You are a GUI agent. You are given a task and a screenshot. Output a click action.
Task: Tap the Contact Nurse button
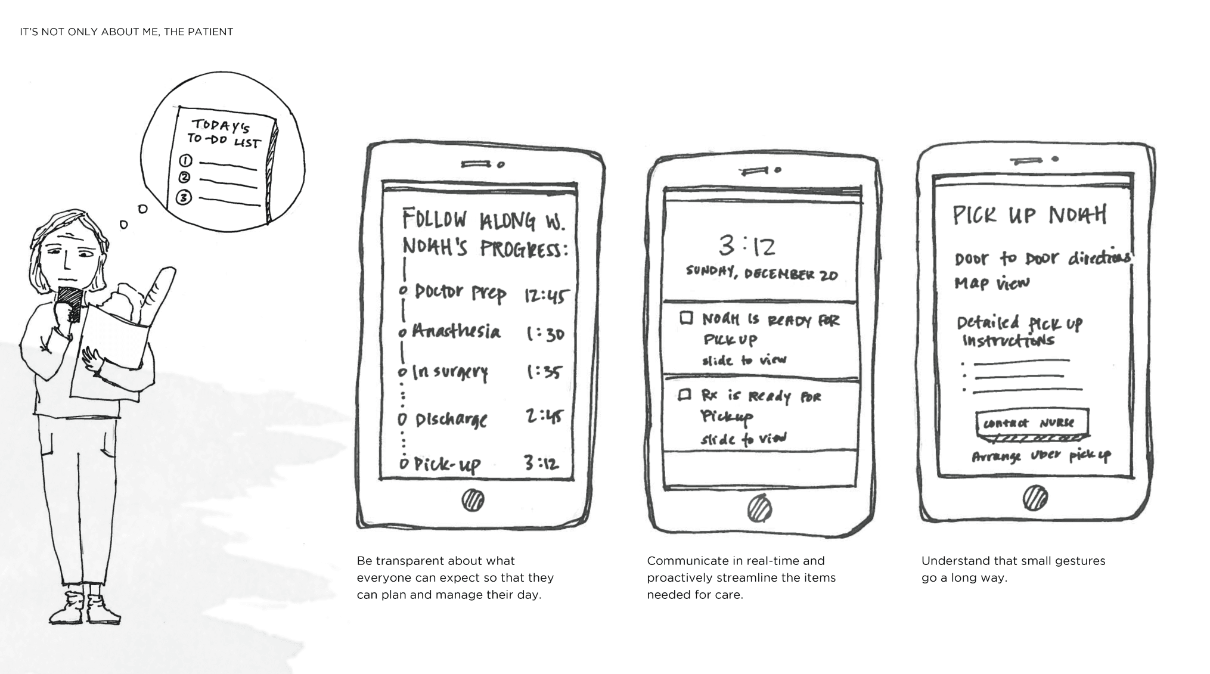pyautogui.click(x=1032, y=423)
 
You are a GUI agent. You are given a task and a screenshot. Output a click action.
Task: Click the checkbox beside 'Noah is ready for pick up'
pyautogui.click(x=687, y=318)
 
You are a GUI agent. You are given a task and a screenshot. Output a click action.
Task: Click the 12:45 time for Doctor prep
pyautogui.click(x=546, y=296)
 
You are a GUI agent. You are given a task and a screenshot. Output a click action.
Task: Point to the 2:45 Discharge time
pyautogui.click(x=544, y=416)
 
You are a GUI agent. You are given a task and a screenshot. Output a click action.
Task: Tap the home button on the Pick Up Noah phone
pyautogui.click(x=1035, y=498)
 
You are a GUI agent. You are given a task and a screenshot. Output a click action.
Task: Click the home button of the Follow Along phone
pyautogui.click(x=473, y=500)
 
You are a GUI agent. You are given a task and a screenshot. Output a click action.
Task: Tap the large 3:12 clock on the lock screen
pyautogui.click(x=747, y=245)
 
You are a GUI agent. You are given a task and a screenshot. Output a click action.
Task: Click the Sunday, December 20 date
pyautogui.click(x=762, y=273)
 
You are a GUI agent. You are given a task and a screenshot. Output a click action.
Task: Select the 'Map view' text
pyautogui.click(x=992, y=283)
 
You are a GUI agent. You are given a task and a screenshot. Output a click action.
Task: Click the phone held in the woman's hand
pyautogui.click(x=70, y=304)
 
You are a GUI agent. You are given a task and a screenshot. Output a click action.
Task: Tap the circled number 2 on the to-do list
pyautogui.click(x=185, y=178)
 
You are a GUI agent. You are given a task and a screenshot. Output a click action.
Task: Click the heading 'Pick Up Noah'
pyautogui.click(x=1029, y=215)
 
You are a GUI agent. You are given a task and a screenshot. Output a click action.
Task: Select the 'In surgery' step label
pyautogui.click(x=450, y=372)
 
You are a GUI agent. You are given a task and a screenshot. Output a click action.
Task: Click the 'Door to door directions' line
pyautogui.click(x=1043, y=258)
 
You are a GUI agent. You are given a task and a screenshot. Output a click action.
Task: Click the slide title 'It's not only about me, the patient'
pyautogui.click(x=126, y=32)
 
